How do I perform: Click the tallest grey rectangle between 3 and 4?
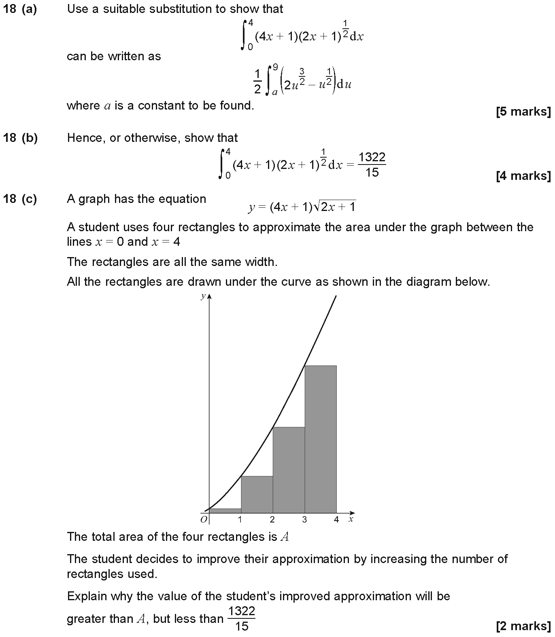pos(321,439)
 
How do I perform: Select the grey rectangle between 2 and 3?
pos(289,470)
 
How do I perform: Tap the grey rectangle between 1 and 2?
pos(257,494)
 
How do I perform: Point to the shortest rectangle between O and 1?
pos(225,510)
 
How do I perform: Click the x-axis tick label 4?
pos(336,520)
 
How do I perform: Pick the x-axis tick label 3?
pos(304,520)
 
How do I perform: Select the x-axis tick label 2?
pos(272,520)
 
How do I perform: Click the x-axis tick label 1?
pos(240,520)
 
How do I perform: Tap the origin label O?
pos(204,519)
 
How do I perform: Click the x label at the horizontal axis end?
pos(351,519)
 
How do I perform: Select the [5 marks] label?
pos(523,112)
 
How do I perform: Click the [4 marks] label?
pos(523,176)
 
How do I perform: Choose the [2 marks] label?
pos(523,626)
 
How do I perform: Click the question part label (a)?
pos(29,9)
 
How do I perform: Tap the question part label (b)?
pos(29,138)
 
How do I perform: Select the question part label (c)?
pos(29,199)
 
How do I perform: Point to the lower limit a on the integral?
pos(274,92)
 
